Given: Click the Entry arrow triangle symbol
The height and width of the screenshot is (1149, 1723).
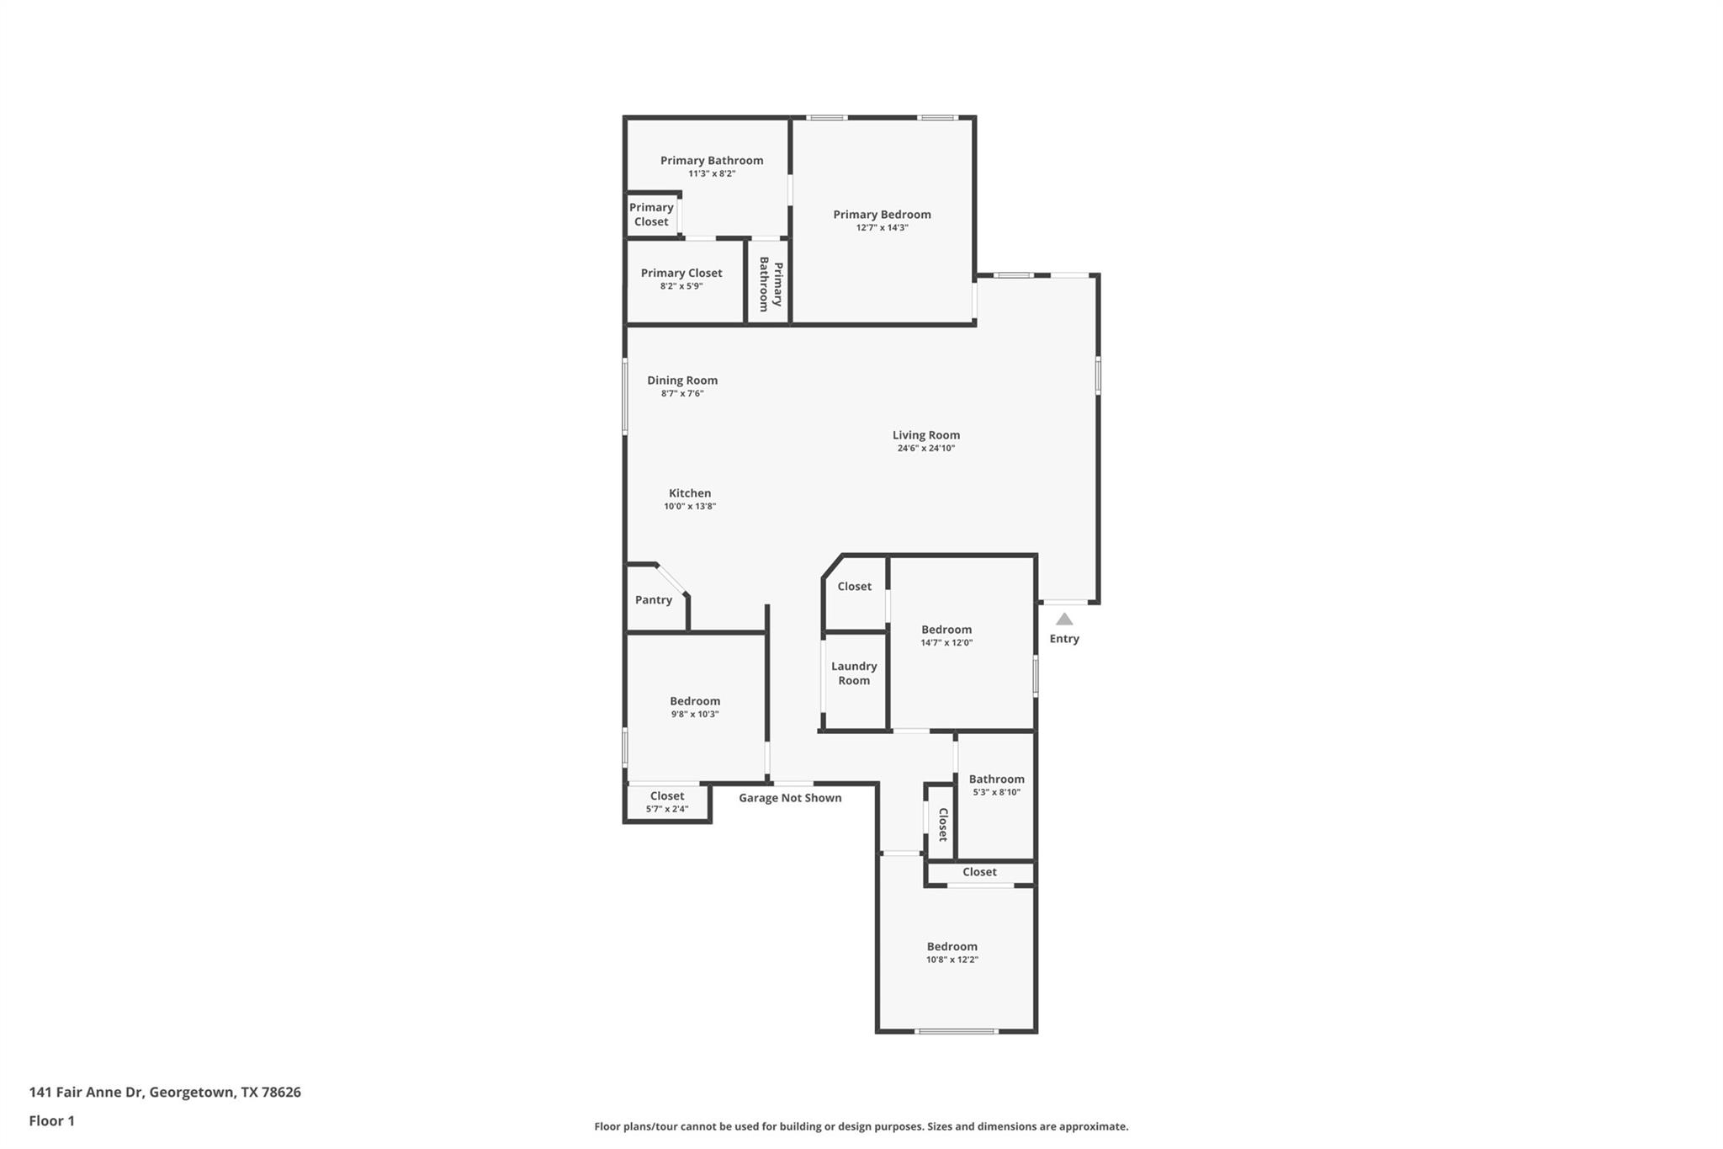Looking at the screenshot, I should [1064, 620].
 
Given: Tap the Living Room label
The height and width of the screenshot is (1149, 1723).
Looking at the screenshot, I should [925, 435].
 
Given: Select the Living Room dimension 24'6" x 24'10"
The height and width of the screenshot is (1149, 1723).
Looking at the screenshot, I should [925, 449].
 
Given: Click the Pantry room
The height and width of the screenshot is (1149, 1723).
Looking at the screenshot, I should [654, 600].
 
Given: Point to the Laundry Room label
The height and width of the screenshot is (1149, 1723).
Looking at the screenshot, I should [854, 673].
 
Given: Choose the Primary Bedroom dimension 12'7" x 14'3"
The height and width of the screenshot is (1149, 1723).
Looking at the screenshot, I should [882, 228].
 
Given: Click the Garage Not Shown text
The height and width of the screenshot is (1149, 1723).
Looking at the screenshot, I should [790, 798].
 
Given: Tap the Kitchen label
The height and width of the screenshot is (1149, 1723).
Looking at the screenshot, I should [690, 493].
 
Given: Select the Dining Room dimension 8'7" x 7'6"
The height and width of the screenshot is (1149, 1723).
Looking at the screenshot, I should [682, 394].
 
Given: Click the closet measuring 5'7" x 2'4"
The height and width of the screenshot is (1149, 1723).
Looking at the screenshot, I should [667, 802].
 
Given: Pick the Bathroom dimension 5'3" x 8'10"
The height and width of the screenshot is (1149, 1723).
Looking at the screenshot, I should [996, 793].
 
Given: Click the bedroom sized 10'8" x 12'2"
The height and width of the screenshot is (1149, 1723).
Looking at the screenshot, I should [952, 953].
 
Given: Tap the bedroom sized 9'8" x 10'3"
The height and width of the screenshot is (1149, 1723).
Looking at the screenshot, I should [695, 707].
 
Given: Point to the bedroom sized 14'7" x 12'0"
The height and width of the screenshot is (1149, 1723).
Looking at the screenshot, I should [946, 636].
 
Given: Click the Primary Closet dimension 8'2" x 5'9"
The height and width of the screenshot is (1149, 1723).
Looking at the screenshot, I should [681, 286].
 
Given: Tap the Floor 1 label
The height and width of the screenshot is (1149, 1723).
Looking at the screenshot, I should [52, 1120].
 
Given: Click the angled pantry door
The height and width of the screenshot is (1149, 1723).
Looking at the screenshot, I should [671, 579].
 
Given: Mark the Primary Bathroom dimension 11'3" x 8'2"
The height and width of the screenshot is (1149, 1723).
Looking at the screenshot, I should [712, 174].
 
